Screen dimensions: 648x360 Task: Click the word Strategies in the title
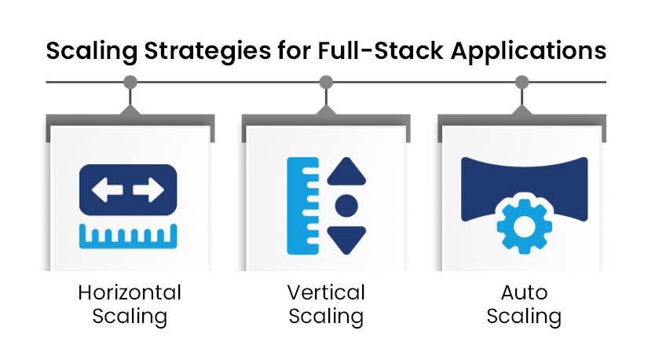click(x=207, y=52)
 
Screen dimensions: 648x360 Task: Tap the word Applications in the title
click(x=529, y=52)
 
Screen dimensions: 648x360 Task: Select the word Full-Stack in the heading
click(x=380, y=50)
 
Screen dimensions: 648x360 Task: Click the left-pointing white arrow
click(x=107, y=190)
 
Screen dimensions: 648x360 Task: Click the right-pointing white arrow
click(x=148, y=190)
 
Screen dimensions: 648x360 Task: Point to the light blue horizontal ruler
click(x=128, y=236)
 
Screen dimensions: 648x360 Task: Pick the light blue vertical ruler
click(x=303, y=206)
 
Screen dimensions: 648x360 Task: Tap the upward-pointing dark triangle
click(x=346, y=171)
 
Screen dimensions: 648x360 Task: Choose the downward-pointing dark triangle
click(x=346, y=240)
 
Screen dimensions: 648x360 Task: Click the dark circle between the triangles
click(x=346, y=206)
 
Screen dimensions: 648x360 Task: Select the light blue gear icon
click(x=525, y=226)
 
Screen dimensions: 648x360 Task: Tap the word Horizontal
click(x=130, y=292)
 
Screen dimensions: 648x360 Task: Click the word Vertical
click(x=326, y=292)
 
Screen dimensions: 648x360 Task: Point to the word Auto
click(x=524, y=292)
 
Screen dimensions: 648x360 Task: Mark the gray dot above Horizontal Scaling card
click(x=130, y=83)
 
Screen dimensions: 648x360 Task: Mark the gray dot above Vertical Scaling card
click(x=326, y=83)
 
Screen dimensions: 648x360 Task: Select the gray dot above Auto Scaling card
click(x=522, y=83)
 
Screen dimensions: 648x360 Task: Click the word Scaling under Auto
click(x=524, y=317)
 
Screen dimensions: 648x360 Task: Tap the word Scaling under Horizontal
click(x=130, y=317)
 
